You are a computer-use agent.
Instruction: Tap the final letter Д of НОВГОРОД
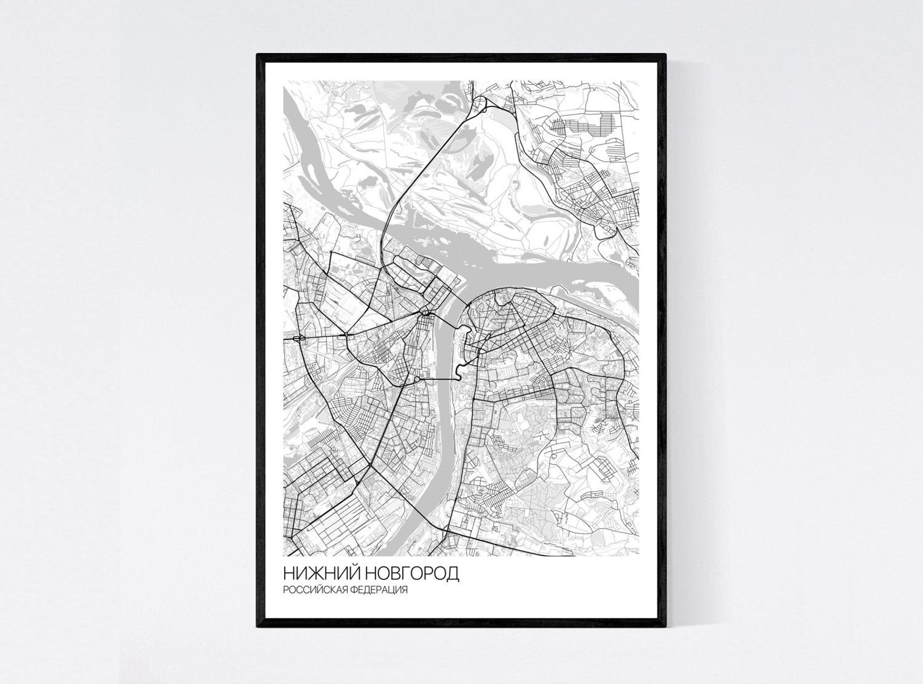453,573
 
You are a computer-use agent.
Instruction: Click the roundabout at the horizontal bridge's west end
417,379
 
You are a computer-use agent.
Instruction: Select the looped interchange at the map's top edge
480,105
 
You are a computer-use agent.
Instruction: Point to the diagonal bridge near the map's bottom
426,514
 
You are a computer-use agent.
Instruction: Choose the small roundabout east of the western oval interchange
346,334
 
